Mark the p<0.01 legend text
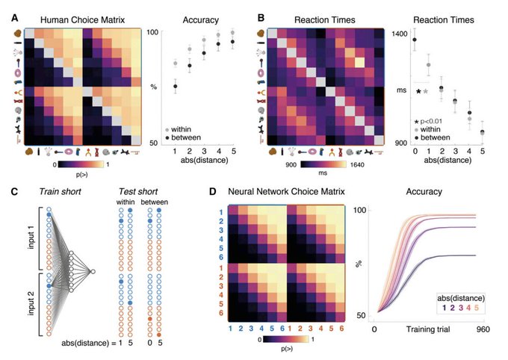click(x=433, y=120)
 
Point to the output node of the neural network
click(x=93, y=270)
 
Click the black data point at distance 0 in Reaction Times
click(x=415, y=40)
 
